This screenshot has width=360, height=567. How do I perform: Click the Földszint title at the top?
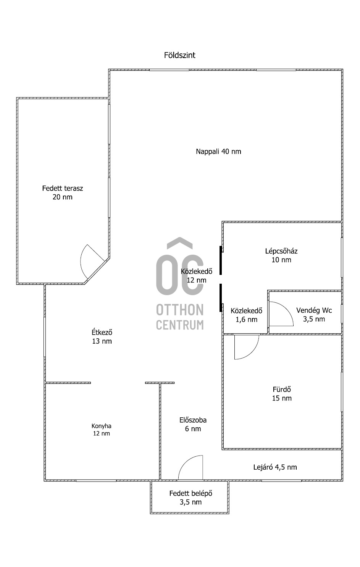179,55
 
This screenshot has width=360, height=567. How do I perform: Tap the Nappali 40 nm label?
218,151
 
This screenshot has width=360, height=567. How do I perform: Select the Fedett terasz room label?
63,193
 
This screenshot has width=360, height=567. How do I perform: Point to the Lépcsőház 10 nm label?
281,255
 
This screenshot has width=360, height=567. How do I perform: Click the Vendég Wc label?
314,315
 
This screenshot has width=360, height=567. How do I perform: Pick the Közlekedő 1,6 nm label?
246,315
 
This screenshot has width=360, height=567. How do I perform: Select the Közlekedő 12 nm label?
197,276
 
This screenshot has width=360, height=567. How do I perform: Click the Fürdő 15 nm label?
282,394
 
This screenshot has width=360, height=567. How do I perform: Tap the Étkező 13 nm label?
102,337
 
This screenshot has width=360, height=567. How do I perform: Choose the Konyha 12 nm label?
102,430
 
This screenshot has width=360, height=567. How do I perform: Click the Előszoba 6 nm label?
193,424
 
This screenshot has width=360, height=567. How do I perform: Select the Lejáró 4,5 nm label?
275,467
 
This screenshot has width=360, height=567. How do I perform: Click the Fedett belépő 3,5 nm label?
190,498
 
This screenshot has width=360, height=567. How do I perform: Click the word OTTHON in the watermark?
180,310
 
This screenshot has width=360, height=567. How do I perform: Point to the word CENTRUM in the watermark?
180,325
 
